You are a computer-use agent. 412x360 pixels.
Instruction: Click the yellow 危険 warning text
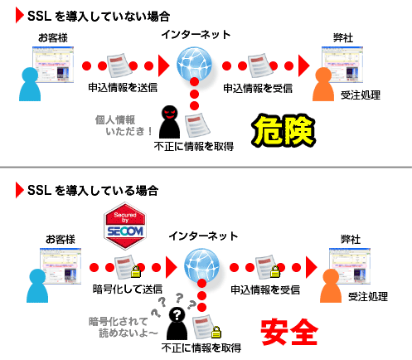[x=284, y=130]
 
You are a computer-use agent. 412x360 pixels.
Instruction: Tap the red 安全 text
[x=289, y=332]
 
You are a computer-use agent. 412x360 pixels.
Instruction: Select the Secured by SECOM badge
[x=125, y=226]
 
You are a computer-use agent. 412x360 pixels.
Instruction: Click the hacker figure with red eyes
[x=170, y=122]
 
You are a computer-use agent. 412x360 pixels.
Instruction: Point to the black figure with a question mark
[x=177, y=324]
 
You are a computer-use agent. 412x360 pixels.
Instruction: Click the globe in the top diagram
[x=194, y=64]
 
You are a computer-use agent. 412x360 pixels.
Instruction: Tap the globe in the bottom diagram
[x=201, y=265]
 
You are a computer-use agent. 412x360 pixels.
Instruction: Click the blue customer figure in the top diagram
[x=30, y=85]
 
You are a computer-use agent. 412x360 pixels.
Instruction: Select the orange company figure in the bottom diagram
[x=331, y=286]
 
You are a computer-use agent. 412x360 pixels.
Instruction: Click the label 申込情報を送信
[x=123, y=88]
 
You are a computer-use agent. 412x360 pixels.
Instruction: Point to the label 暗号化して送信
[x=128, y=289]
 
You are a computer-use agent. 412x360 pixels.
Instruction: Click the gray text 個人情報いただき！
[x=124, y=125]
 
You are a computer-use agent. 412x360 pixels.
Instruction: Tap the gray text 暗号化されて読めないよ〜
[x=124, y=327]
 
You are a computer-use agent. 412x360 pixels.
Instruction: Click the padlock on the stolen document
[x=216, y=332]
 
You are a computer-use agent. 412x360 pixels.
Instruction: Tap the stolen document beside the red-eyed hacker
[x=197, y=125]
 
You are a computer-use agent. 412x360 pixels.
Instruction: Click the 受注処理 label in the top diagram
[x=361, y=95]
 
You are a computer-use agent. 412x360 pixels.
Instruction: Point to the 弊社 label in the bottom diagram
[x=351, y=239]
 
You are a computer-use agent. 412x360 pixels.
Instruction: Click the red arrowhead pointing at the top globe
[x=163, y=66]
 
